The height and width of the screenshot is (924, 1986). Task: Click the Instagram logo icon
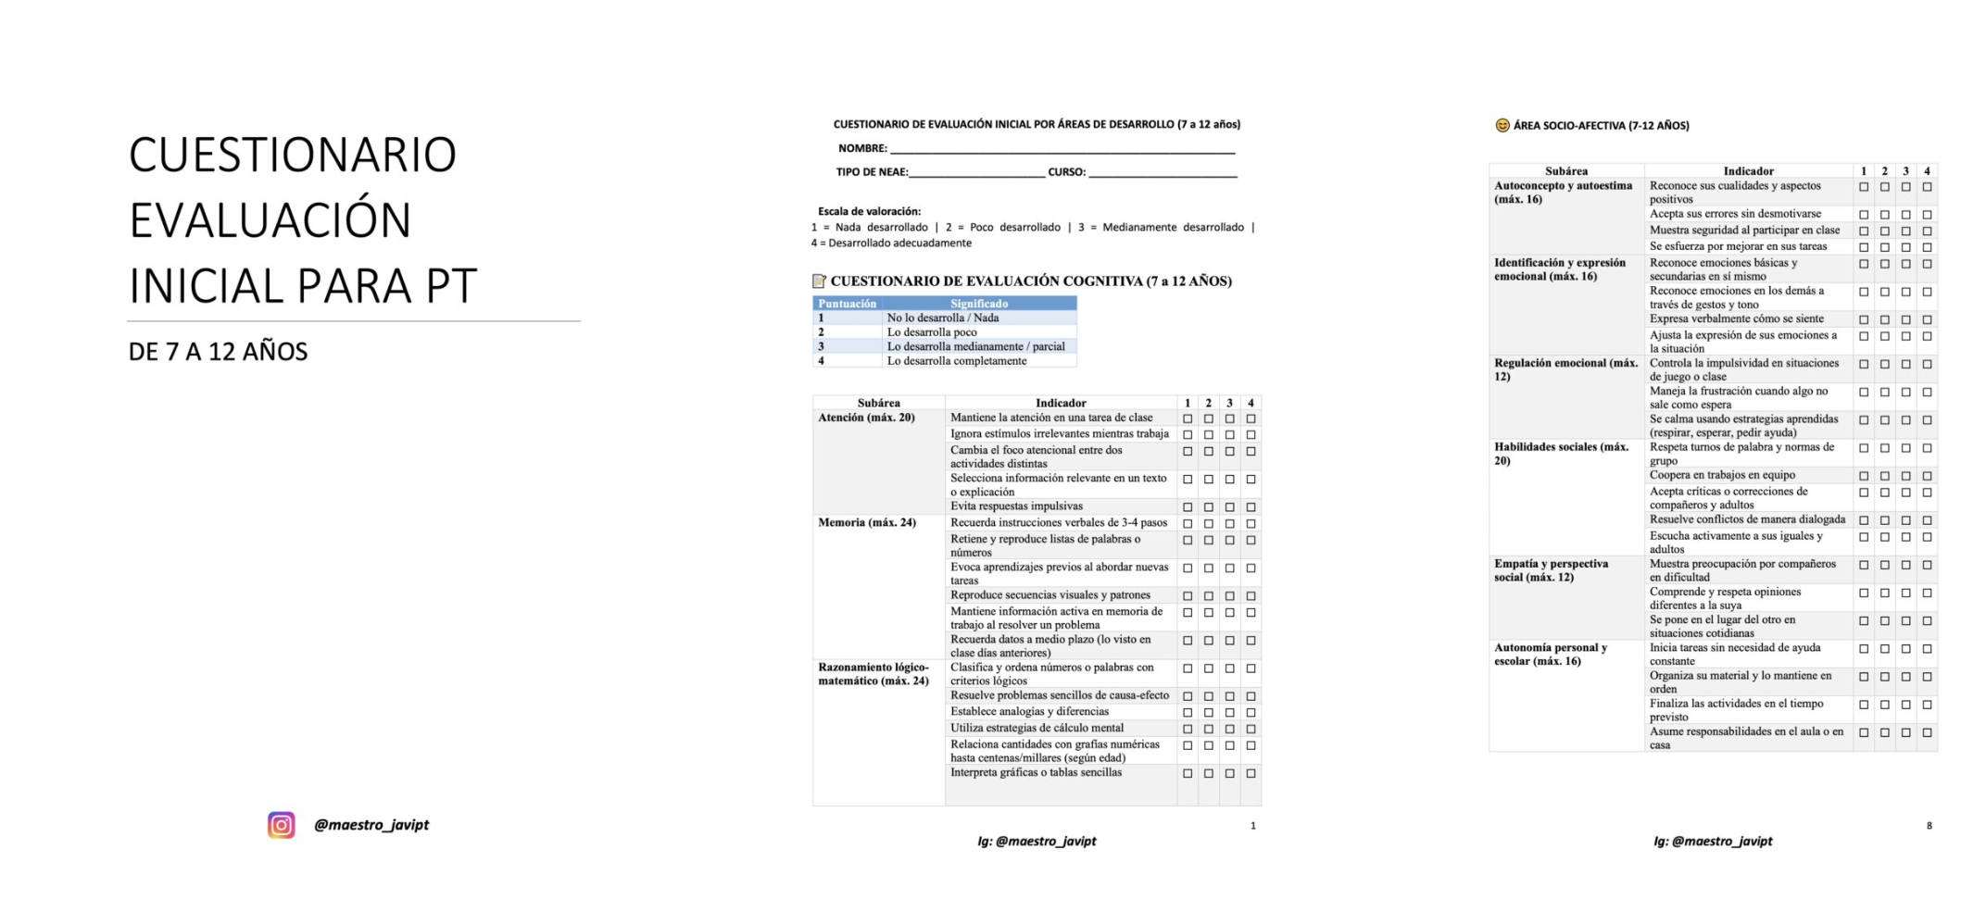coord(282,825)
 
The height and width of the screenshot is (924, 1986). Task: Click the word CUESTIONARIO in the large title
coord(293,155)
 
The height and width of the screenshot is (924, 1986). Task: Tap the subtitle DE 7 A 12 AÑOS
coord(219,352)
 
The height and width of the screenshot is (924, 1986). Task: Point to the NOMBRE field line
coord(1062,149)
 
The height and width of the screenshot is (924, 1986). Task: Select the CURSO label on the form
coord(1066,172)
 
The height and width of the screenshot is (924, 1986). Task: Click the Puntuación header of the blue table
coord(847,304)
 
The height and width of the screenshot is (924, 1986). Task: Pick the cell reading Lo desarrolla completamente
coord(957,361)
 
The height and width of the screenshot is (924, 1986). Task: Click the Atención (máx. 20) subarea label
coord(866,418)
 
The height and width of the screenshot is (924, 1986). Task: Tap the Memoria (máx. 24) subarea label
coord(867,523)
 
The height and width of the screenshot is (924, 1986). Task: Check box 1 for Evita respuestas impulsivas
coord(1188,507)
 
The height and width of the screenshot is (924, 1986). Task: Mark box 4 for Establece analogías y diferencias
coord(1251,713)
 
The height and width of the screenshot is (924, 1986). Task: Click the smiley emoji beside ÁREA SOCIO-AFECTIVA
coord(1502,126)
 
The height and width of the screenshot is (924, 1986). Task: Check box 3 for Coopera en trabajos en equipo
coord(1905,476)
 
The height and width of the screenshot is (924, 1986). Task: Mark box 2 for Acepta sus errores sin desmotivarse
coord(1884,215)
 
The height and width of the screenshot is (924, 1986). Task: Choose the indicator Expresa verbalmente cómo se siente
coord(1736,319)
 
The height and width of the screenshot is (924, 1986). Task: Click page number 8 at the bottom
coord(1929,826)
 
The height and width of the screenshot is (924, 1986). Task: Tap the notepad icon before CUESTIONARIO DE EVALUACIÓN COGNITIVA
coord(819,281)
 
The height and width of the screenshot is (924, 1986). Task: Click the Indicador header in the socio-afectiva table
coord(1748,171)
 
